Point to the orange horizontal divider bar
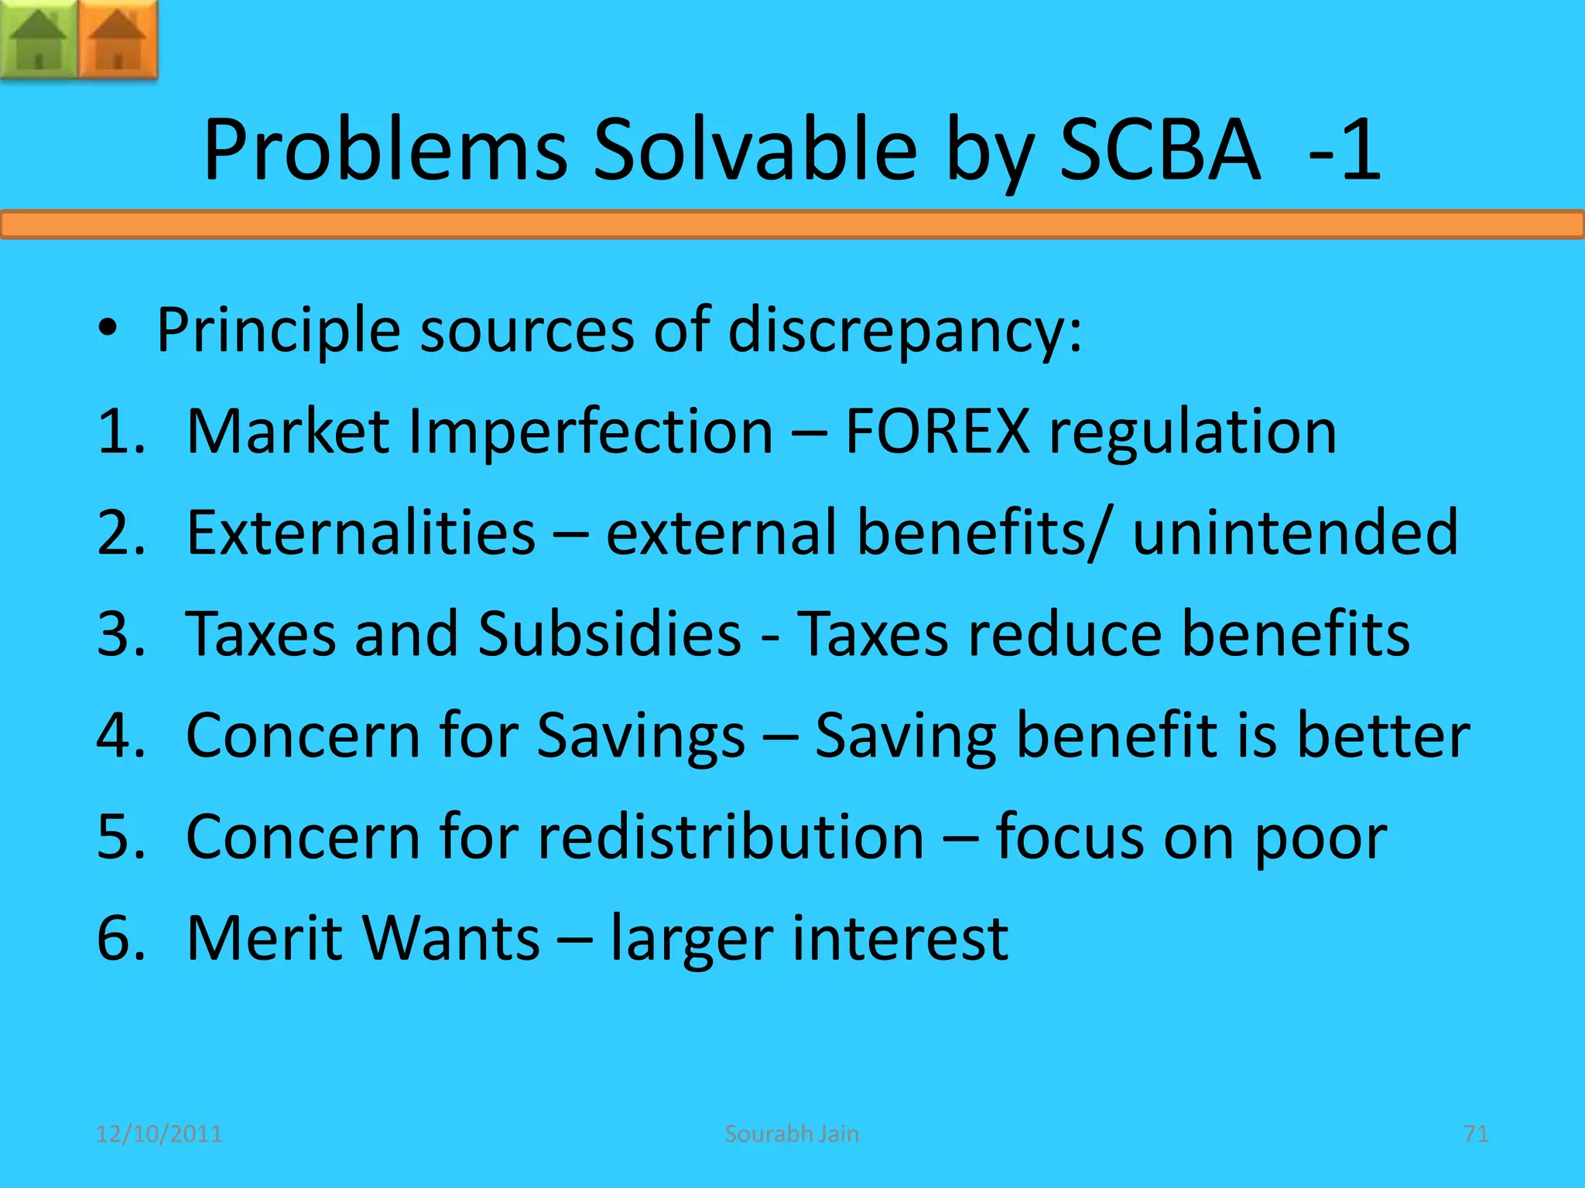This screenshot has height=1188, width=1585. point(792,224)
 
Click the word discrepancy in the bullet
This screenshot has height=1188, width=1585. point(904,332)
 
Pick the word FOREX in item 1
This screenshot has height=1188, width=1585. point(936,432)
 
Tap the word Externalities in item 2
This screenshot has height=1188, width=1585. point(361,533)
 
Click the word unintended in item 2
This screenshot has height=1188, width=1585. point(1295,533)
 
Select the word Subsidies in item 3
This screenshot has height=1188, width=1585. point(610,634)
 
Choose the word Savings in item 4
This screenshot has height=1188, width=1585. point(641,736)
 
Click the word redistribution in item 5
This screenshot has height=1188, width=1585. point(731,838)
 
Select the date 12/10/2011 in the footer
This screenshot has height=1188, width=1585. point(159,1134)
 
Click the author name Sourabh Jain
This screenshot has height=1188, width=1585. point(792,1134)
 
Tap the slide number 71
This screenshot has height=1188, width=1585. point(1476,1134)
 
